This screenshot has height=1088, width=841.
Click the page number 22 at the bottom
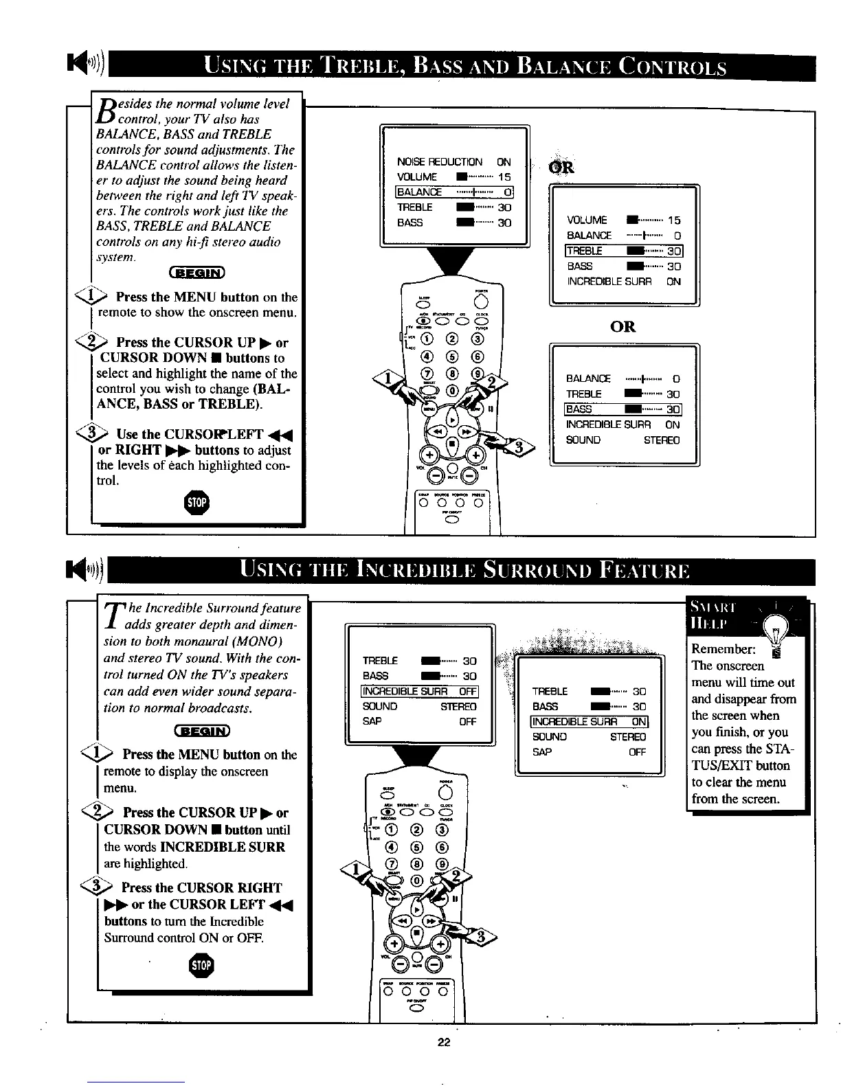(443, 1043)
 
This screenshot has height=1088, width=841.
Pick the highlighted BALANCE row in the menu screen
(455, 192)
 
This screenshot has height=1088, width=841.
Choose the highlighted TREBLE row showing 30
(623, 251)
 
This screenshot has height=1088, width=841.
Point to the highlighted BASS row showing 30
(623, 409)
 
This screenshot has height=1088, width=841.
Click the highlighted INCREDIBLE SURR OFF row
(420, 691)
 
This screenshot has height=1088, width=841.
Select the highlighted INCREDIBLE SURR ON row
(590, 721)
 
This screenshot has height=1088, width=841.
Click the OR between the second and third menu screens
(623, 326)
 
